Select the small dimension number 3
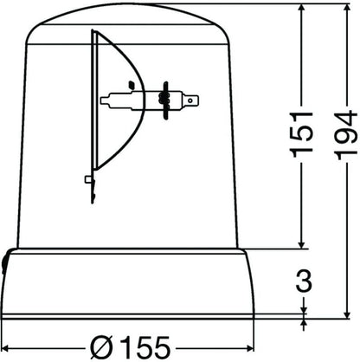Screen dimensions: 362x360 click(304, 281)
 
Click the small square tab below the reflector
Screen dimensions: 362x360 click(88, 179)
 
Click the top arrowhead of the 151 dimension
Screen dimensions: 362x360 click(302, 9)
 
